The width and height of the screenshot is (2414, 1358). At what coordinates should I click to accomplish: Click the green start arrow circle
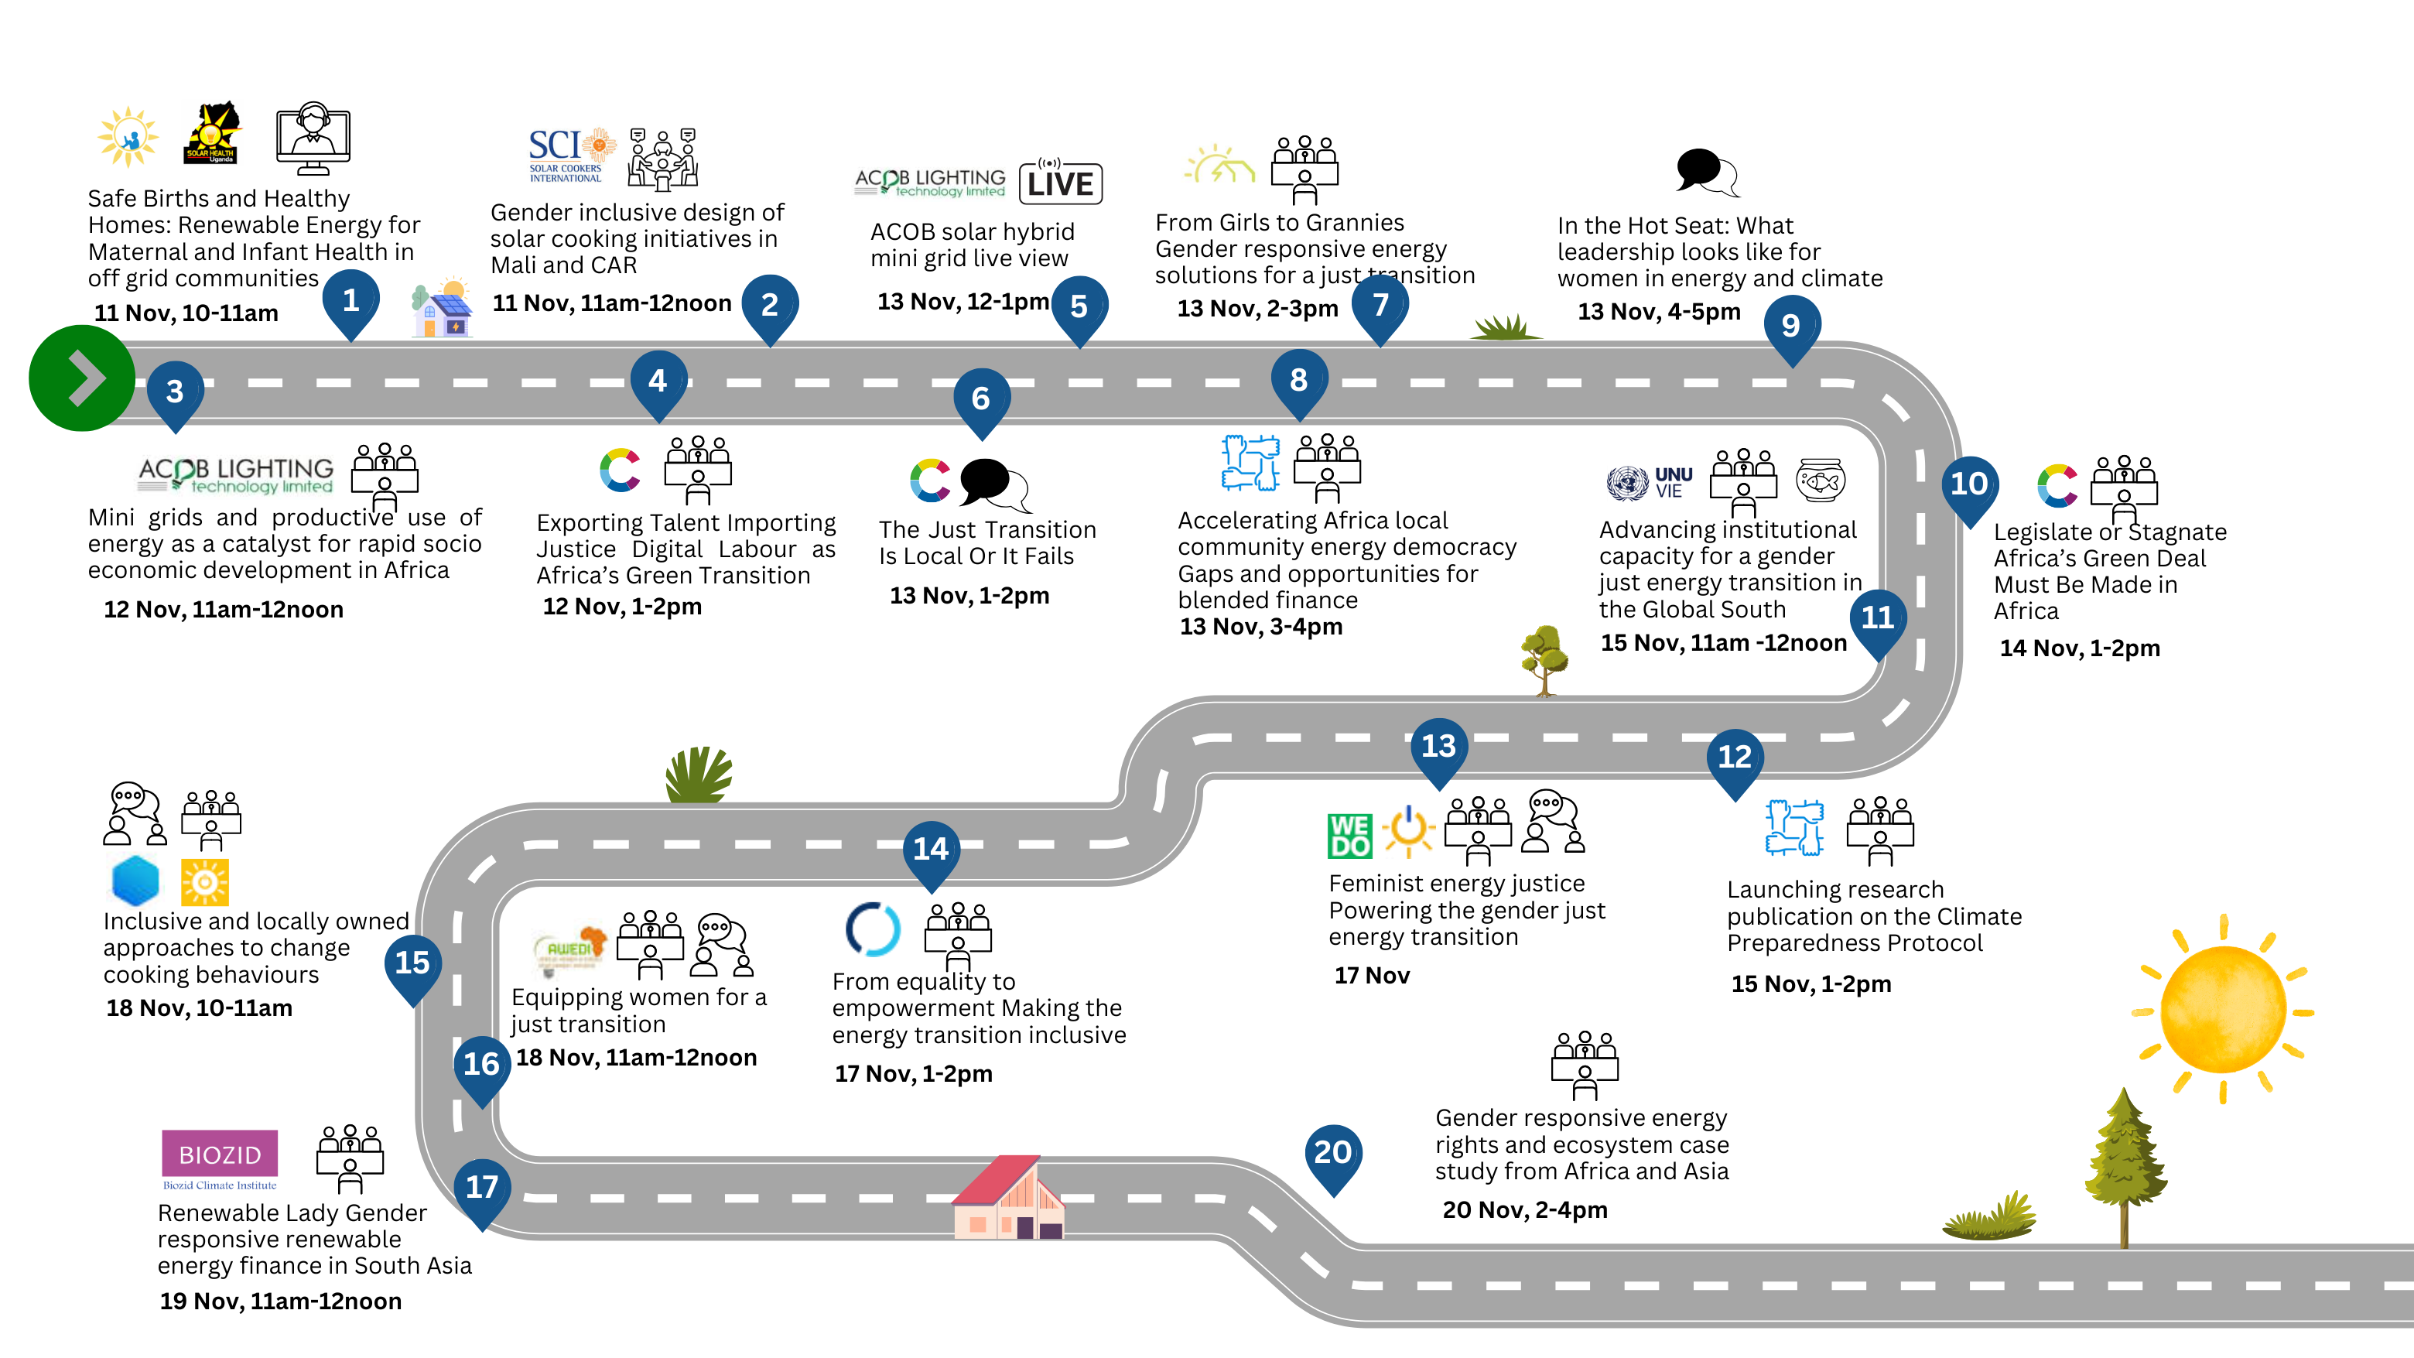(x=81, y=378)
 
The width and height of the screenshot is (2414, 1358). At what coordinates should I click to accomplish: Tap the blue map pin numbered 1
(x=350, y=301)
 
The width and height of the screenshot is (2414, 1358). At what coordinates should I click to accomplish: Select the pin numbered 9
(x=1791, y=326)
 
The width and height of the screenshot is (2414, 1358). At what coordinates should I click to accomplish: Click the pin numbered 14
(x=931, y=850)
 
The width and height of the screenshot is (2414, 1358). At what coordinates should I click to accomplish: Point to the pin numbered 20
(x=1332, y=1154)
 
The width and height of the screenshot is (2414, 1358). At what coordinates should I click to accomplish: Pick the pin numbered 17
(x=482, y=1189)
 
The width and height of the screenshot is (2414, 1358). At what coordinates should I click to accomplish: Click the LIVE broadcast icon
(x=1060, y=181)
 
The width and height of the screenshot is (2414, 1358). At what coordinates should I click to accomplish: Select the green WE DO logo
(x=1349, y=835)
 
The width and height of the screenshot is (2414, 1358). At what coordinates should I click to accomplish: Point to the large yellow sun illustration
(x=2222, y=1011)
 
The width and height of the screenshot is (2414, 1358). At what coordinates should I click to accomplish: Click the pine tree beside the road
(x=2124, y=1167)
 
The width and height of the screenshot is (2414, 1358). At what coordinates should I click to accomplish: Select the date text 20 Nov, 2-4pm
(x=1525, y=1210)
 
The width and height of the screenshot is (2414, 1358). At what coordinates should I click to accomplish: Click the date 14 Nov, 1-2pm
(x=2080, y=648)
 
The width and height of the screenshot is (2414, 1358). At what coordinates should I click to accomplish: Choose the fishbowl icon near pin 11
(x=1820, y=480)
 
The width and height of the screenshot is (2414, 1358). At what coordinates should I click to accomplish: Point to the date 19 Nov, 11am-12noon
(x=280, y=1301)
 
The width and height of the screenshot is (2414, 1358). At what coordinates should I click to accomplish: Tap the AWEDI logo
(x=569, y=948)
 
